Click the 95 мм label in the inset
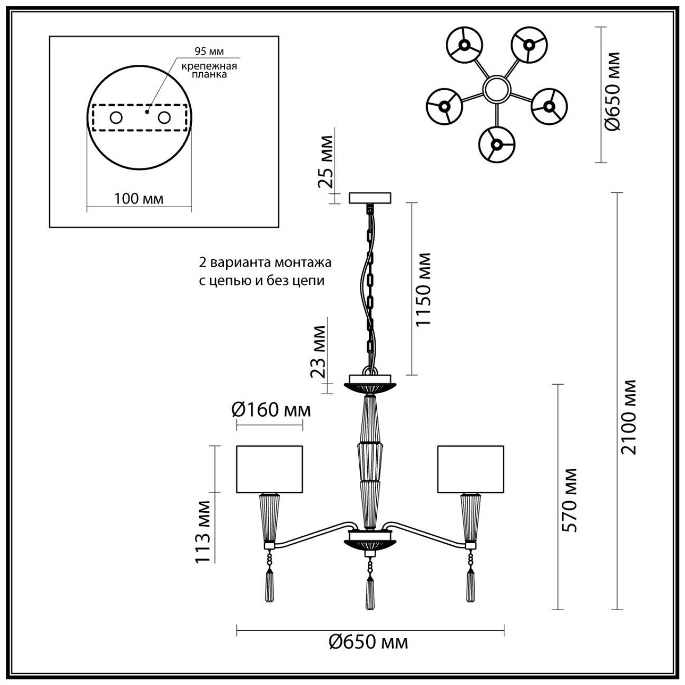pyautogui.click(x=209, y=52)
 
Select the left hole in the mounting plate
pyautogui.click(x=115, y=118)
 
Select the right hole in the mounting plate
pyautogui.click(x=165, y=118)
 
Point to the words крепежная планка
pyautogui.click(x=209, y=70)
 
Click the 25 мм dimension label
pyautogui.click(x=326, y=162)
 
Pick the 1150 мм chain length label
pyautogui.click(x=423, y=289)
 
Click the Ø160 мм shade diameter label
pyautogui.click(x=271, y=409)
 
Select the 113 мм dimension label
pyautogui.click(x=203, y=531)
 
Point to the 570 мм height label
pyautogui.click(x=570, y=500)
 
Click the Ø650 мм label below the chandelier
pyautogui.click(x=368, y=642)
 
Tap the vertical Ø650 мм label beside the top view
pyautogui.click(x=612, y=91)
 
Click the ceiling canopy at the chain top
pyautogui.click(x=370, y=198)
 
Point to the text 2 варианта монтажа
pyautogui.click(x=265, y=262)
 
